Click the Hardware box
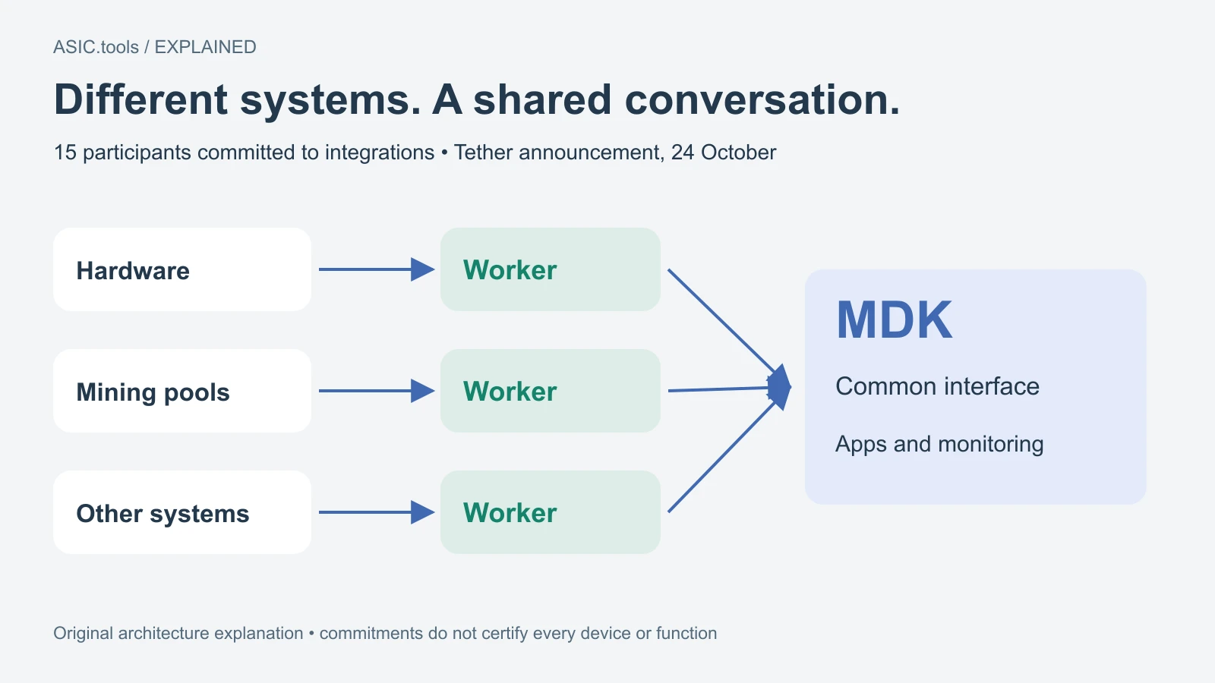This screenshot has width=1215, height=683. pos(182,269)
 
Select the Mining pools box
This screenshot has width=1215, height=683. pos(182,391)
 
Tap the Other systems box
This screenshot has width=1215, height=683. pos(182,512)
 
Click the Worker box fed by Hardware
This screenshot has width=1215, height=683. pos(551,269)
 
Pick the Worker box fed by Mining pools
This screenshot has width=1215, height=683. pos(551,391)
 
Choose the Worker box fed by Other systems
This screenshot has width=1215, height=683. pos(551,512)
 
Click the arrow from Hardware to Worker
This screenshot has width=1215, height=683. pos(377,269)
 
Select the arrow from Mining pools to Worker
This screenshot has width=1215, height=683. pos(377,391)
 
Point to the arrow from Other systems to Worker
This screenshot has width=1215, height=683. pos(377,512)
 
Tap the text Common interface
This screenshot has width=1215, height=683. pos(937,386)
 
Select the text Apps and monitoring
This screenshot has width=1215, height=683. pos(939,444)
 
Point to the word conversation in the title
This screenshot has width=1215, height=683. pos(762,99)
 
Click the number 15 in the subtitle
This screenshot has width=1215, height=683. pos(65,153)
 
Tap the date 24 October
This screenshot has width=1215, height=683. pos(724,153)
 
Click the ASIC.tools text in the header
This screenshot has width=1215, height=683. pos(96,47)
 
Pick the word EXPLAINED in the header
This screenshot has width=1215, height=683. pos(206,47)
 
